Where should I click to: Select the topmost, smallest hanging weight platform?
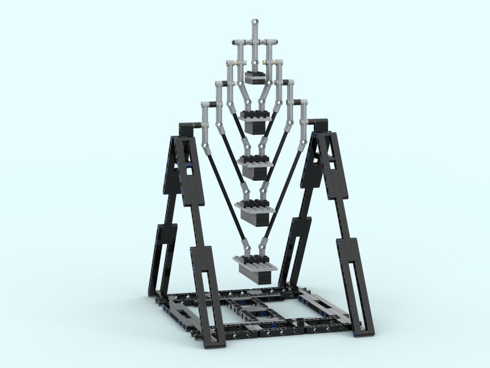point(256,78)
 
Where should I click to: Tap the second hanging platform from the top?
point(256,120)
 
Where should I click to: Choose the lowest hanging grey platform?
point(256,267)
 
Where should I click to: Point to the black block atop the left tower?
point(187,130)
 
